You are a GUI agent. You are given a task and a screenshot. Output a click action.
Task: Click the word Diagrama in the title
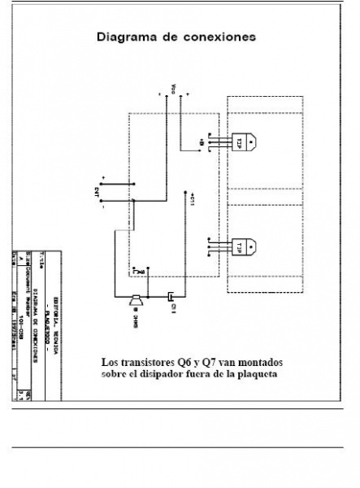click(126, 37)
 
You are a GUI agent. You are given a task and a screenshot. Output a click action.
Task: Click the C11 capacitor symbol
click(172, 298)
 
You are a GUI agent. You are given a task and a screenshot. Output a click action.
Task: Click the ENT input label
click(97, 194)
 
